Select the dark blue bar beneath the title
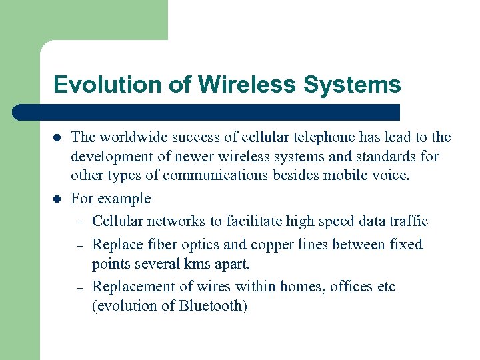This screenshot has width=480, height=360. [x=207, y=112]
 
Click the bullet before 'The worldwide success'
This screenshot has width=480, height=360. [x=58, y=138]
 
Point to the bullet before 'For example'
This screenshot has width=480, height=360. [x=58, y=199]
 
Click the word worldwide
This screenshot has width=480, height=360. [x=130, y=137]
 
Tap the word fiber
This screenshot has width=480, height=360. [x=163, y=245]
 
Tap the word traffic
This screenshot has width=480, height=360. [x=406, y=221]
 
